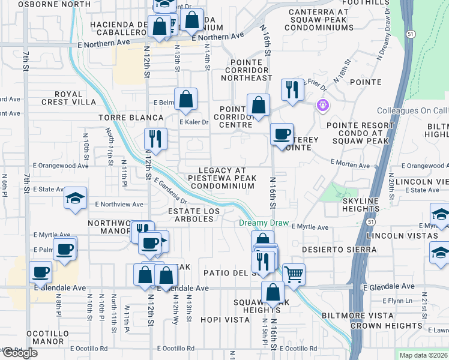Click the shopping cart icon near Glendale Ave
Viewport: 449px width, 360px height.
294,274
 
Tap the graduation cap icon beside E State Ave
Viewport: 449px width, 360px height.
75,198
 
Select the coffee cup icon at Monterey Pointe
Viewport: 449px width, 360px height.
281,134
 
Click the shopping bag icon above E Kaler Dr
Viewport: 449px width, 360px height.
186,99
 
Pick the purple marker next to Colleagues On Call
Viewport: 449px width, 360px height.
323,104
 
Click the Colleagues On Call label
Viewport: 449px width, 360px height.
412,111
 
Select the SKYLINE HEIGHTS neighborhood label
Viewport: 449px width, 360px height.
363,204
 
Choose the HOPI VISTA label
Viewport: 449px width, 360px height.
225,320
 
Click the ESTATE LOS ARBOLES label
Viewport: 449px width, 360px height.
190,215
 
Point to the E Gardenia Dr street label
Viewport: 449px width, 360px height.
170,190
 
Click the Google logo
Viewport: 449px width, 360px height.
19,353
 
